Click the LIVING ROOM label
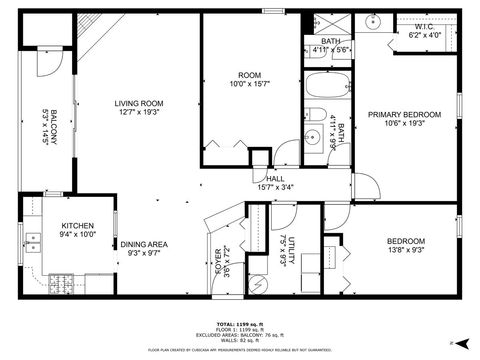click(138, 103)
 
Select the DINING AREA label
click(144, 244)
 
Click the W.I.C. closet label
click(424, 27)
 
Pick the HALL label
click(275, 179)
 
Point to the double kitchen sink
click(33, 242)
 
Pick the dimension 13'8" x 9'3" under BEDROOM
click(406, 251)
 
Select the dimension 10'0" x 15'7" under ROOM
click(249, 84)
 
